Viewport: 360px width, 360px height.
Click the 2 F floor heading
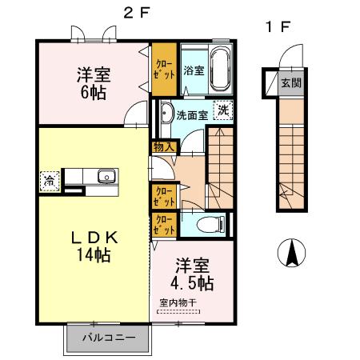pyautogui.click(x=134, y=13)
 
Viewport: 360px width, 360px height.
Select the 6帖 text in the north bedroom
pyautogui.click(x=94, y=92)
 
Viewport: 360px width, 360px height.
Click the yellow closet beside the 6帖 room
pyautogui.click(x=165, y=68)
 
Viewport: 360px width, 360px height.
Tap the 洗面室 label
pyautogui.click(x=193, y=114)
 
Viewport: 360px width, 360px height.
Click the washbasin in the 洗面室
pyautogui.click(x=165, y=112)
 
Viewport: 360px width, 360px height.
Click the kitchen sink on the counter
pyautogui.click(x=104, y=177)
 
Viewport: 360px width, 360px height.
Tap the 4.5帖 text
pyautogui.click(x=192, y=283)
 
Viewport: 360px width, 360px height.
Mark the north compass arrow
pyautogui.click(x=291, y=254)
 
